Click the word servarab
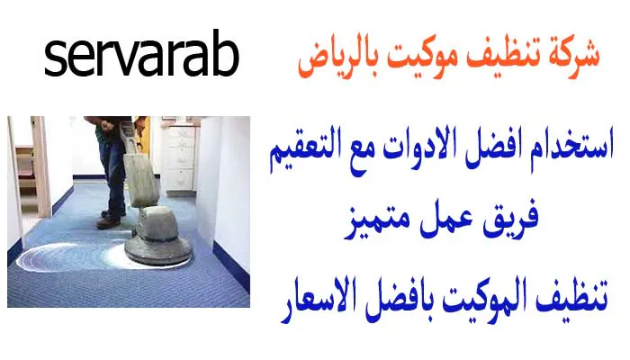[x=141, y=58]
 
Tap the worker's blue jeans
[x=112, y=171]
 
